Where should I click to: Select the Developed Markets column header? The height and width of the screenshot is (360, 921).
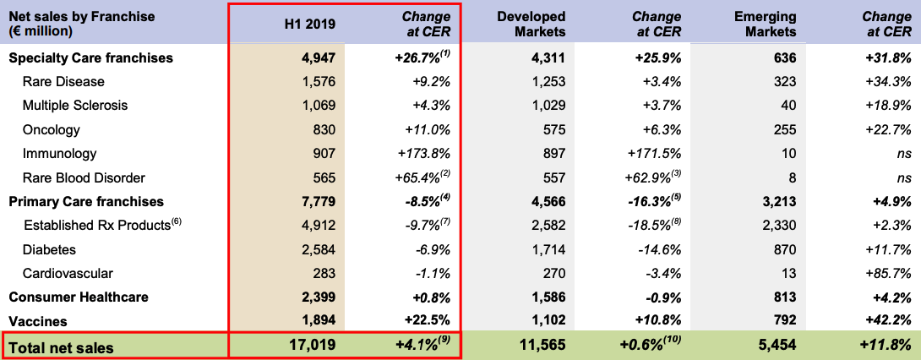531,24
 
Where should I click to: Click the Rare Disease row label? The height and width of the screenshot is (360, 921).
63,82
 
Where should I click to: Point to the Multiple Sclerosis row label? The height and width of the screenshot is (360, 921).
75,106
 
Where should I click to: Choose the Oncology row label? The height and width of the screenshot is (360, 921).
52,130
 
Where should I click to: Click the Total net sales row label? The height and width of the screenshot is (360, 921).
61,346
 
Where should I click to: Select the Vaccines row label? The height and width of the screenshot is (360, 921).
38,321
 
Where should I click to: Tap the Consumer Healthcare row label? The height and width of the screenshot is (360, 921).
79,297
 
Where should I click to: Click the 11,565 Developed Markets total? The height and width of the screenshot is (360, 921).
542,346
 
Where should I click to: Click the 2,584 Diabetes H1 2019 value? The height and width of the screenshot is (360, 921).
319,249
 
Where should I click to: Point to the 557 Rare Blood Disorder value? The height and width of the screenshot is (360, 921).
553,177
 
